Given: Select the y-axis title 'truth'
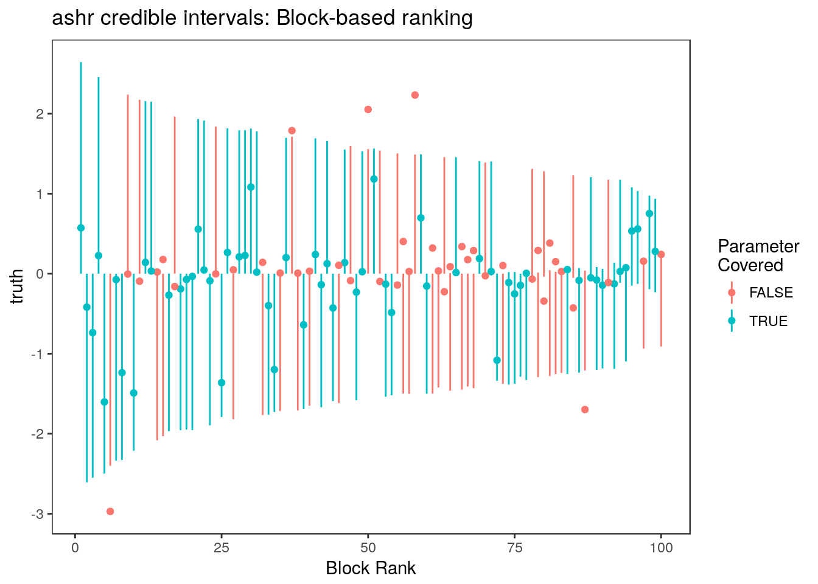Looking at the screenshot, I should click(x=17, y=287).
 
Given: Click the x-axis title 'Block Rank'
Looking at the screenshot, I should click(x=371, y=568).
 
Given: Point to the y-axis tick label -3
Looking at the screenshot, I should click(x=38, y=514).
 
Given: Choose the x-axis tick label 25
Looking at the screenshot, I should click(x=222, y=547).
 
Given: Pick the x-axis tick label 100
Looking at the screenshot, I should click(x=661, y=547).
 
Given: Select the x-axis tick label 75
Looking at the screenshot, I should click(x=514, y=547).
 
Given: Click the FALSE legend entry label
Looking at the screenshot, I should click(x=771, y=293).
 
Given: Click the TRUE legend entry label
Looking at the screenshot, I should click(x=768, y=321).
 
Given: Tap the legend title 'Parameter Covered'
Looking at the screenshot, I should click(x=758, y=255).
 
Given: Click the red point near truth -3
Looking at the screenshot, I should click(x=110, y=511).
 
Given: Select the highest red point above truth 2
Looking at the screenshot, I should click(x=415, y=95).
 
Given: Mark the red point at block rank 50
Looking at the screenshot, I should click(x=368, y=109).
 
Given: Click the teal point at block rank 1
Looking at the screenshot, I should click(x=81, y=228).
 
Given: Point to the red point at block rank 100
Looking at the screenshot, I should click(x=661, y=254).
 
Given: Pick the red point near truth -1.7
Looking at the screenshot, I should click(x=585, y=409).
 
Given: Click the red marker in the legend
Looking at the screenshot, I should click(x=732, y=293).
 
